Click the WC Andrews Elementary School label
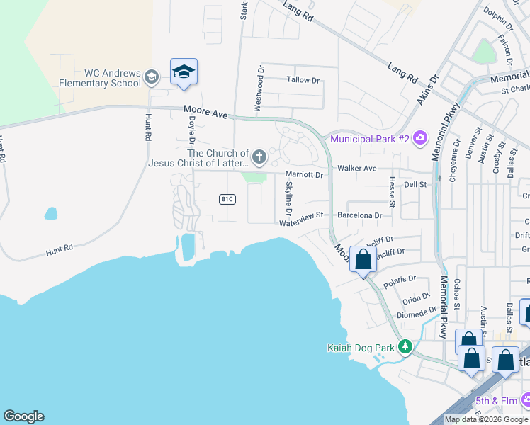coord(113,77)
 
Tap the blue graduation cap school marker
coord(184,72)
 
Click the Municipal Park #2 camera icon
coord(420,137)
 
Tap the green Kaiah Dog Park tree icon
coord(405,347)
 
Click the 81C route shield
coord(227,199)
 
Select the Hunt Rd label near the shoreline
coord(60,249)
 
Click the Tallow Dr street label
coord(303,80)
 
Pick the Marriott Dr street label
coord(304,174)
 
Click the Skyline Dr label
coord(288,198)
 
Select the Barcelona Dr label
coord(360,215)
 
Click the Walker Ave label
coord(357,169)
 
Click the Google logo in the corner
coord(23,416)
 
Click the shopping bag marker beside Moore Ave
coord(363,259)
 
